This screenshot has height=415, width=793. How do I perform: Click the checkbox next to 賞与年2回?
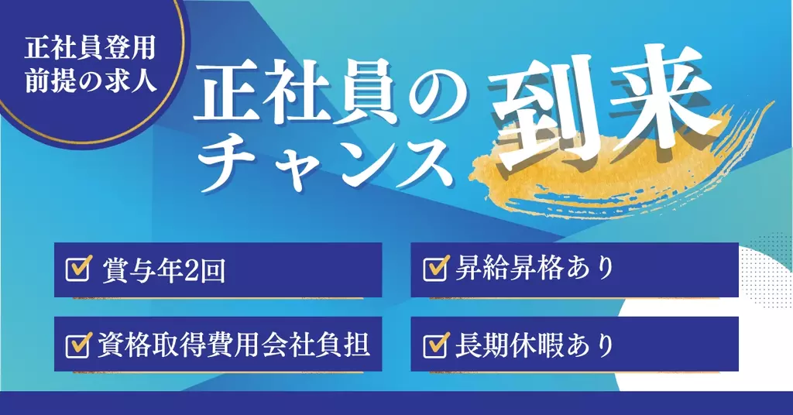pos(77,269)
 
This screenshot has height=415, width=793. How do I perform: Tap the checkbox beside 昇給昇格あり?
pos(435,268)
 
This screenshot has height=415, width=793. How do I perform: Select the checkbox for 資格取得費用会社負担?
pos(77,345)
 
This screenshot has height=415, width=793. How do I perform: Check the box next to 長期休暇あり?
pos(435,345)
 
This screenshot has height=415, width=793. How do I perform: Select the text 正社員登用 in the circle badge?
pos(91,49)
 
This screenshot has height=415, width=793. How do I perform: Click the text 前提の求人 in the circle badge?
pos(91,80)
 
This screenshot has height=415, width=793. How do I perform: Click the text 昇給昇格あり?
pos(534,267)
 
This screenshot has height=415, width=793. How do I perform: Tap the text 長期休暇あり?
pos(534,345)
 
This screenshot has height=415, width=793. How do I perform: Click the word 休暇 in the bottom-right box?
pos(534,345)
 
